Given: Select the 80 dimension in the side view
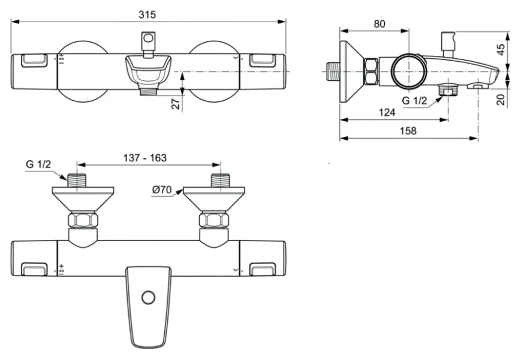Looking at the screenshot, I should coord(380,24).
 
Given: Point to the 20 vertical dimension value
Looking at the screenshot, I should coord(501,98).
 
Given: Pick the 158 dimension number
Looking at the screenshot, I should coord(407,131).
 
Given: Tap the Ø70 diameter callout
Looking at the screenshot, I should coord(162,190).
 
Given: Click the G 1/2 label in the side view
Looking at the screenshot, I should coord(414,101).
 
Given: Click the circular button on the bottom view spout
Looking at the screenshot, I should coord(147,297).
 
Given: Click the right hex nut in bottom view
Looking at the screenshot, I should coord(214,220).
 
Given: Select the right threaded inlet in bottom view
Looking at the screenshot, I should coord(219,179).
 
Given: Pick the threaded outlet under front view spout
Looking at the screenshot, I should coord(147,92).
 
